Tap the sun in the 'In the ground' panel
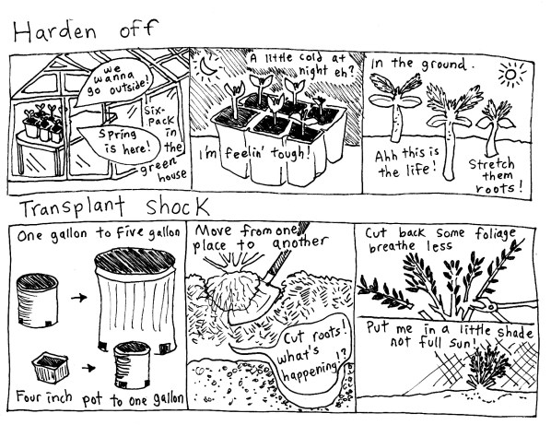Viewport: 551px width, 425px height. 511,75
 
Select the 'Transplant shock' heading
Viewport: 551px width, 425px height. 114,207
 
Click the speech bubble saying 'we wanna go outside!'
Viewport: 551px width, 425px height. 114,83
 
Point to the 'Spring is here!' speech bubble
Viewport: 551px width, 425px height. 120,142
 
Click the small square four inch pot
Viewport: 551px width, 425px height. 51,367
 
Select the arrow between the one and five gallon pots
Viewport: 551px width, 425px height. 78,298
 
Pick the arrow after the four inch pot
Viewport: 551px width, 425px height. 88,369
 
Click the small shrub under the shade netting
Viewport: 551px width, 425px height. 487,367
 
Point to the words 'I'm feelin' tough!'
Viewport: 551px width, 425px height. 253,154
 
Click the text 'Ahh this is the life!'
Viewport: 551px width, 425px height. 407,162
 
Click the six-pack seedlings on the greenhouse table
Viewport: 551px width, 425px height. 44,123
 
